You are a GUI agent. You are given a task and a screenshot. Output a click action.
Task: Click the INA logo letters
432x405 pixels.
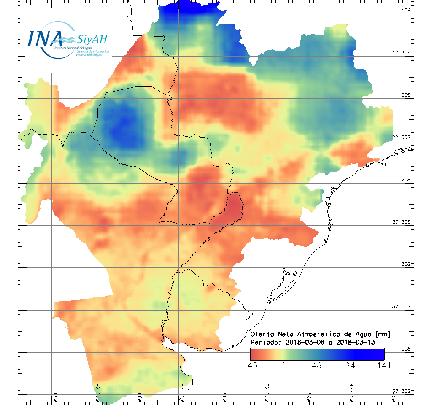point(44,38)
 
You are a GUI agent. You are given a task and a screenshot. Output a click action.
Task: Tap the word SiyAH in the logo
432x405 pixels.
point(92,40)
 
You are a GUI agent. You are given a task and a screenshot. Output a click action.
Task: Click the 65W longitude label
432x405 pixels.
point(55,398)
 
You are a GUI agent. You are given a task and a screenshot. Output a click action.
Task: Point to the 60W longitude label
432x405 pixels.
point(140,398)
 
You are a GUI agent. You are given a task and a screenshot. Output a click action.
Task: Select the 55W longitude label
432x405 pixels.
point(224,398)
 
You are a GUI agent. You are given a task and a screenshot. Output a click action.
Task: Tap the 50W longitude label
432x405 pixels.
point(309,398)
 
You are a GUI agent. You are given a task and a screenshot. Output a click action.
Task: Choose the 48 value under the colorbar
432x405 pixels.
point(317,365)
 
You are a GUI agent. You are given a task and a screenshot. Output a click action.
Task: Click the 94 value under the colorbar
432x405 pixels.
point(350,365)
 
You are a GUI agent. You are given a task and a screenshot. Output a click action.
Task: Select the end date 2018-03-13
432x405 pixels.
point(356,342)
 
